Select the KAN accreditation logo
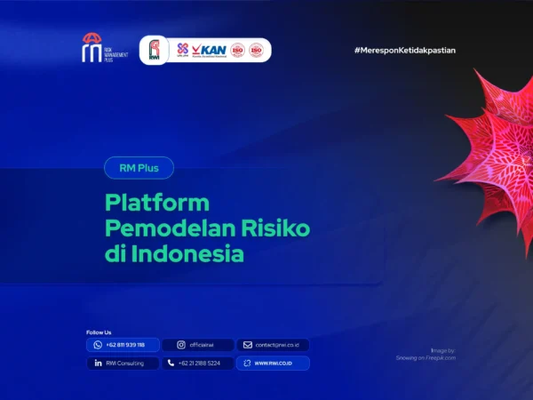[x=209, y=50]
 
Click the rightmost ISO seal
[x=256, y=50]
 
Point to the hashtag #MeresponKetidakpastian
[x=404, y=51]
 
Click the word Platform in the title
[x=157, y=202]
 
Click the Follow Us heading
[x=99, y=332]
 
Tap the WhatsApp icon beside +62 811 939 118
[x=98, y=345]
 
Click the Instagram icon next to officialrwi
[x=180, y=345]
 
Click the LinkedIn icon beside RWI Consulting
[x=98, y=363]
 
